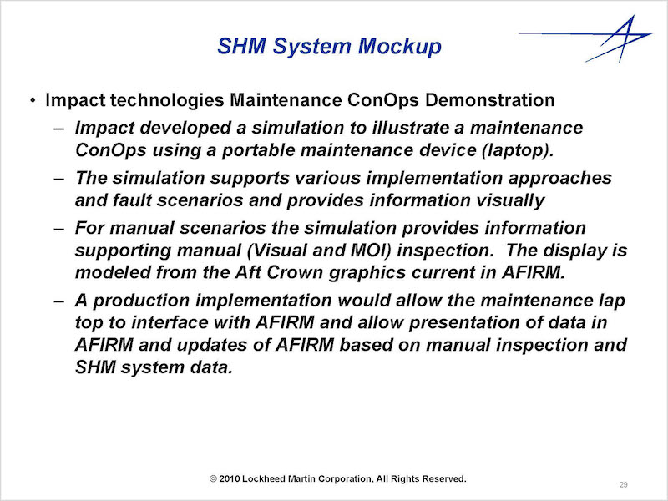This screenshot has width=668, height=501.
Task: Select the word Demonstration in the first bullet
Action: (x=489, y=100)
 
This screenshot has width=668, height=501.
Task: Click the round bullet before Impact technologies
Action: (x=33, y=101)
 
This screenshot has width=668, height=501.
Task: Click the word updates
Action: (x=212, y=345)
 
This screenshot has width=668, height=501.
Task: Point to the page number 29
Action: (x=623, y=485)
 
